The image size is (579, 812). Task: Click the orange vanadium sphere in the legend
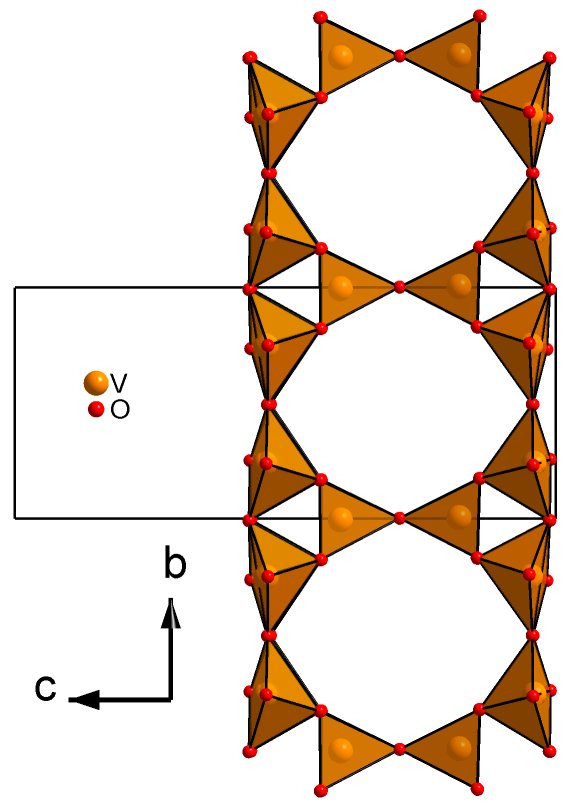click(x=96, y=383)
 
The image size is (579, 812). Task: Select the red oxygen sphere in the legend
click(x=96, y=410)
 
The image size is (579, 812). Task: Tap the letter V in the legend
click(x=119, y=383)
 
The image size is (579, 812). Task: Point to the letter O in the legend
click(x=120, y=410)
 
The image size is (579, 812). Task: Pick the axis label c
click(x=46, y=688)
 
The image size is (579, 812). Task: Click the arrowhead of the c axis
click(x=84, y=700)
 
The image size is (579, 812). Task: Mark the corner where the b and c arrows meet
click(x=171, y=700)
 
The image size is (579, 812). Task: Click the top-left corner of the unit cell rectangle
click(x=15, y=287)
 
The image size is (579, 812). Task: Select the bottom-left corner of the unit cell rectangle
click(x=15, y=518)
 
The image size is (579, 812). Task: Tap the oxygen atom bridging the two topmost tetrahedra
click(x=399, y=55)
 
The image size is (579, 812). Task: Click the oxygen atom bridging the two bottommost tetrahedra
click(x=399, y=749)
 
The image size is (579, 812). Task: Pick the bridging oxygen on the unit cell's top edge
click(x=399, y=286)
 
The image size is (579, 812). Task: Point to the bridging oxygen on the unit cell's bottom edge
click(x=399, y=518)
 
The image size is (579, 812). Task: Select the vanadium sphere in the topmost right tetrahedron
click(x=459, y=54)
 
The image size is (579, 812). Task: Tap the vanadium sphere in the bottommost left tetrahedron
click(x=341, y=748)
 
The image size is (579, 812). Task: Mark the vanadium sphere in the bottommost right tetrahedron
click(x=459, y=748)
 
